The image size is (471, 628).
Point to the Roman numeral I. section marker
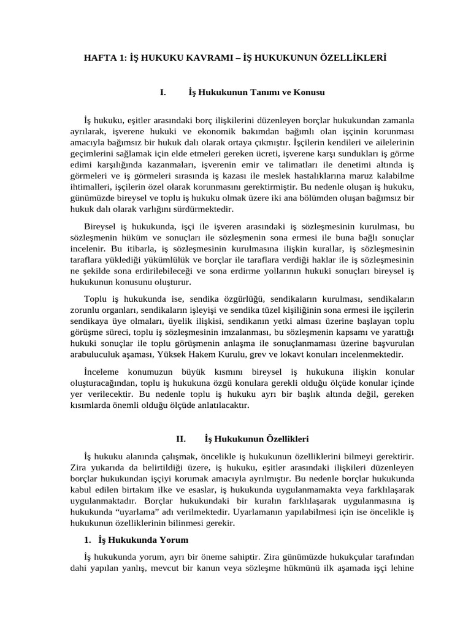point(163,93)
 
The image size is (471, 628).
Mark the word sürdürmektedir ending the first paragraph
point(204,209)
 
